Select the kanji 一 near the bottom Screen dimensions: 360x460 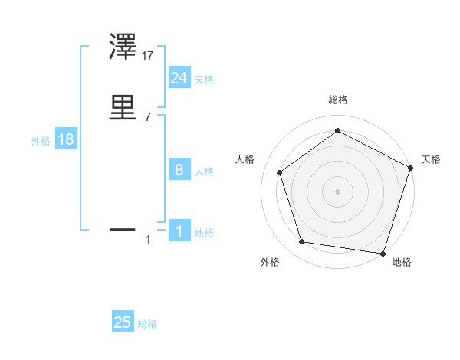tap(123, 228)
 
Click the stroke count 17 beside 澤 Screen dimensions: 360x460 tap(148, 56)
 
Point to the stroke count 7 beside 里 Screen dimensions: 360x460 tap(148, 116)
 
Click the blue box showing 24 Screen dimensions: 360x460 tap(179, 78)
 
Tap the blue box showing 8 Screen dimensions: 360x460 tap(179, 170)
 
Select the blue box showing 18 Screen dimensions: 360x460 tap(65, 140)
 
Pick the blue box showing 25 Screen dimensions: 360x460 tap(123, 323)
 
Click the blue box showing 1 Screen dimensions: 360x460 tap(179, 231)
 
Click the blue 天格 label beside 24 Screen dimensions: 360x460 tap(204, 80)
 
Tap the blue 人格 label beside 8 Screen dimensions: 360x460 tap(204, 172)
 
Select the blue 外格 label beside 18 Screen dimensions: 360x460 tap(41, 141)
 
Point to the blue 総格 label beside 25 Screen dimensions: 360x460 tap(147, 325)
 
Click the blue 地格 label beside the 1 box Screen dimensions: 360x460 tap(204, 233)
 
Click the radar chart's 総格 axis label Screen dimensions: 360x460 tap(337, 100)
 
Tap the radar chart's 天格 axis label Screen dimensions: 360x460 tap(431, 159)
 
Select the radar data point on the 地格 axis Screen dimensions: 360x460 tap(383, 253)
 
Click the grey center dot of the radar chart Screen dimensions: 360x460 tap(337, 191)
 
